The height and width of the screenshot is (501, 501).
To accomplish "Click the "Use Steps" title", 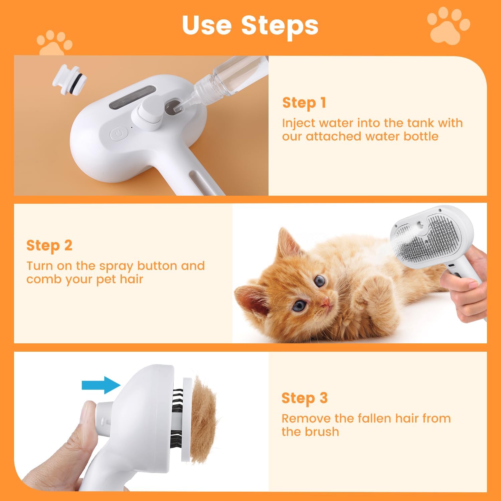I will pyautogui.click(x=250, y=25).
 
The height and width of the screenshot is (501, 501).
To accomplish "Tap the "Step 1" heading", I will pyautogui.click(x=304, y=103).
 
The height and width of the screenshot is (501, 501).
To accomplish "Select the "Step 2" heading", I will pyautogui.click(x=49, y=245).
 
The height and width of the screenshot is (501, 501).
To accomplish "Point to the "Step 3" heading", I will pyautogui.click(x=304, y=398).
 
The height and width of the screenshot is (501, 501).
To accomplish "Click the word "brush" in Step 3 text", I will pyautogui.click(x=322, y=432).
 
